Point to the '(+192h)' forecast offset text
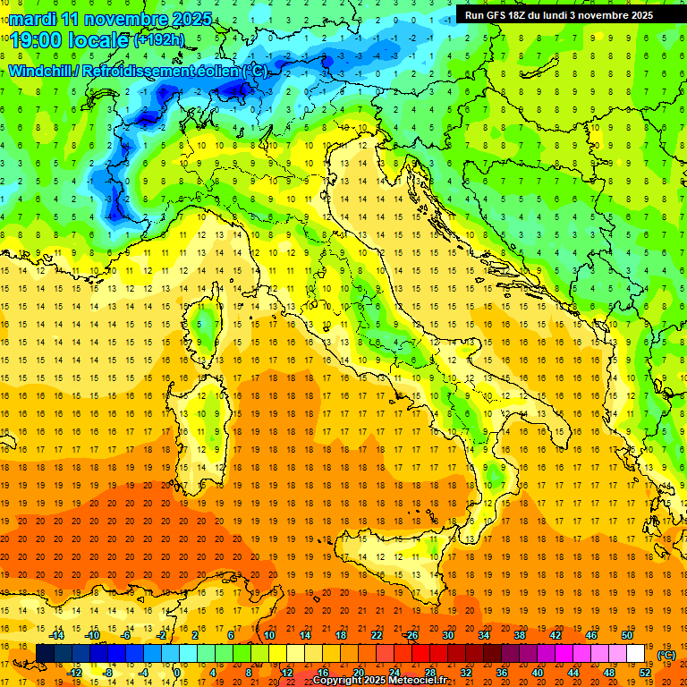[160, 40]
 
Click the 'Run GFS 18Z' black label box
[558, 15]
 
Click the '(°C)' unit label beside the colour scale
[666, 655]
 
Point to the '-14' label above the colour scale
[56, 635]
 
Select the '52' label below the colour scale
[645, 672]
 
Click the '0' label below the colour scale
[177, 672]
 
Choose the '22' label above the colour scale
[377, 635]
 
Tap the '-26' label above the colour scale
[411, 635]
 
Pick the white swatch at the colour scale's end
[635, 653]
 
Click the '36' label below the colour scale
[501, 672]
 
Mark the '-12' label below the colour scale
[75, 672]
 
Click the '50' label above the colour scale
[627, 635]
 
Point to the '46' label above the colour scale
[590, 635]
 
